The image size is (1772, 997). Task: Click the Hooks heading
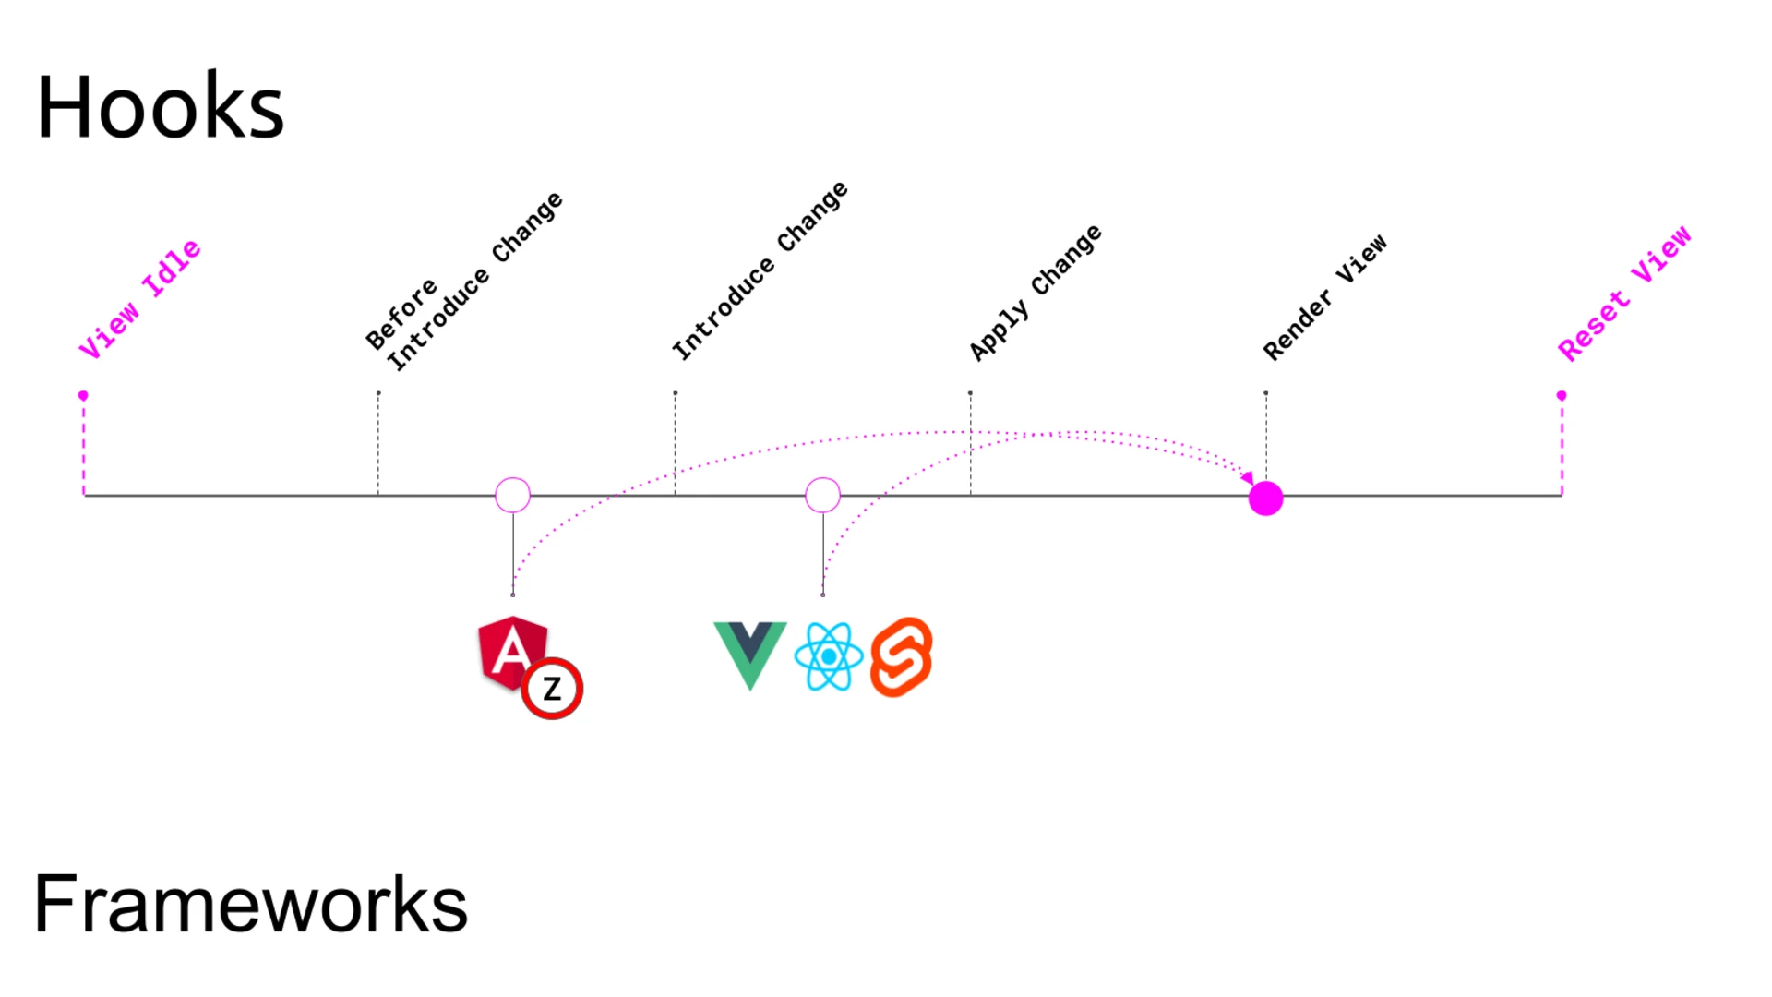pos(160,108)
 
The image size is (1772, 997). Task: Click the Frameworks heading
pos(250,904)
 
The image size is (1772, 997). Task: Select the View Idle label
pos(139,299)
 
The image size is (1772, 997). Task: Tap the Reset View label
pos(1624,293)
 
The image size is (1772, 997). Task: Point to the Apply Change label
pos(1035,293)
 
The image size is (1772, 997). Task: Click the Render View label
pos(1324,297)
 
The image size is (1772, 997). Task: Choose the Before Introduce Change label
pos(462,282)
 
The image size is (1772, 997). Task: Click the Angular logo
pos(511,652)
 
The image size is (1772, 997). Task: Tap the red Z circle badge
pos(552,689)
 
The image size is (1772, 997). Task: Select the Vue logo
pos(749,654)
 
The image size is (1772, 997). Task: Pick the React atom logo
pos(829,656)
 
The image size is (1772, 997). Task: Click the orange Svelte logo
pos(902,656)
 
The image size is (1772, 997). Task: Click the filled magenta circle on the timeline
pos(1265,498)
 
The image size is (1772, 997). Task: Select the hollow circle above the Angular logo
pos(512,495)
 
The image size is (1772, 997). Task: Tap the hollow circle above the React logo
pos(822,495)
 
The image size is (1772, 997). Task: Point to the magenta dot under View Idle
pos(83,395)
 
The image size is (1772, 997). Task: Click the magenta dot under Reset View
pos(1562,395)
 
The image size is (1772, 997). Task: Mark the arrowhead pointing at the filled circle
pos(1247,478)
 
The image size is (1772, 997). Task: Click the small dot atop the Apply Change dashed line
pos(970,393)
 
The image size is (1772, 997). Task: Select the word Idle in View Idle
pos(172,268)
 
